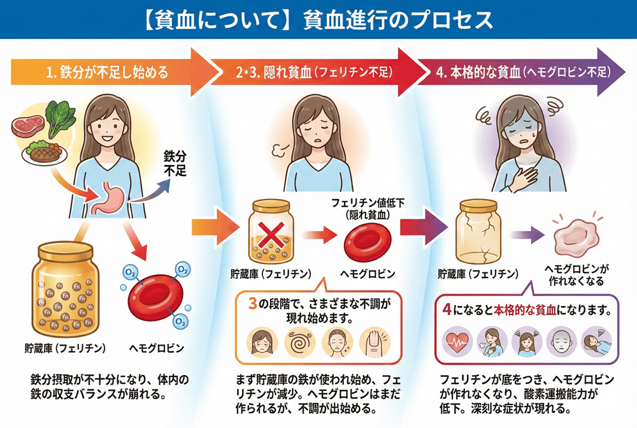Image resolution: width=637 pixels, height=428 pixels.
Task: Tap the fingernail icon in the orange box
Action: [x=375, y=343]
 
